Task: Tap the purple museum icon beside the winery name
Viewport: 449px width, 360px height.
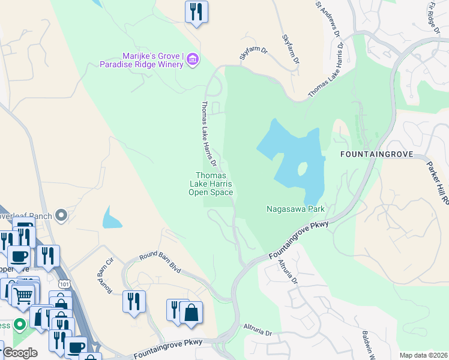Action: [x=193, y=59]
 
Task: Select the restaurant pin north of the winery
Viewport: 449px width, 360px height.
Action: [x=196, y=13]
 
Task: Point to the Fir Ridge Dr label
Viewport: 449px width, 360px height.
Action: [x=435, y=17]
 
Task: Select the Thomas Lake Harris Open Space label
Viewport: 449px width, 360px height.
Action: [x=211, y=184]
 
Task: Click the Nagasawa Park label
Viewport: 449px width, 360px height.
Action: [x=295, y=209]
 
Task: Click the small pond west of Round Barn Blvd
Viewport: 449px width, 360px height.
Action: [x=112, y=217]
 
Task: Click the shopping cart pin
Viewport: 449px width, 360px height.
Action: [x=23, y=295]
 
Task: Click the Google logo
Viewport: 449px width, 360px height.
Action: [x=20, y=353]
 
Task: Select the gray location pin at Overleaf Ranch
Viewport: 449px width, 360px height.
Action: [x=61, y=215]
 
